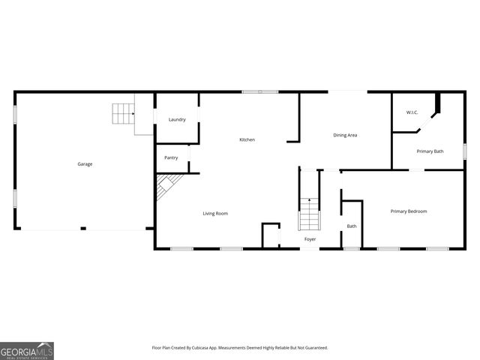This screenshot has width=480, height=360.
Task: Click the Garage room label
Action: pos(85,163)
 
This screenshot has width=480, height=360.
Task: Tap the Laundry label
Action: pos(177,119)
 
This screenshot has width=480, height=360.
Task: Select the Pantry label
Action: pos(171,157)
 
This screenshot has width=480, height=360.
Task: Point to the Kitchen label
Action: pos(247,140)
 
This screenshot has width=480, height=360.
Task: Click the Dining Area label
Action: pos(345,135)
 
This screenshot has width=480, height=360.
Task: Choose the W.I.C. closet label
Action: pos(412,112)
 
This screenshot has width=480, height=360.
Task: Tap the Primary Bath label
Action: pos(430,151)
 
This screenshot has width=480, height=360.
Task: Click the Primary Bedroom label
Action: pos(408,211)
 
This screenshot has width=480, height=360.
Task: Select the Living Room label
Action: pos(215,214)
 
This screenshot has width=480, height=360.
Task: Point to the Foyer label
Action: pos(310,239)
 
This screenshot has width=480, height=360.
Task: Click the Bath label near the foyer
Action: pos(351,226)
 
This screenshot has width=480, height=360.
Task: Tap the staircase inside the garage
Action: pos(122,114)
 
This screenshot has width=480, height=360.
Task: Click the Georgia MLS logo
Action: pos(27,350)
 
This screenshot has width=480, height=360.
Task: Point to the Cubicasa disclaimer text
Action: pos(240,348)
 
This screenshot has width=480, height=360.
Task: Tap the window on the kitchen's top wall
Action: pos(259,92)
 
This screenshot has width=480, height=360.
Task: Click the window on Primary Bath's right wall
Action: pos(465,150)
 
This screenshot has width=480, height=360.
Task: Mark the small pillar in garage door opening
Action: pos(83,229)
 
